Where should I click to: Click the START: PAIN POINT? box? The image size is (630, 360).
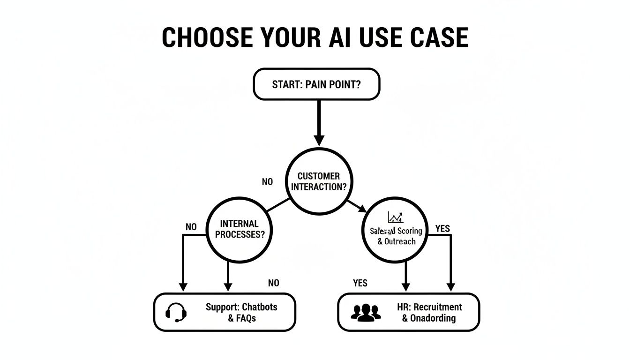click(316, 84)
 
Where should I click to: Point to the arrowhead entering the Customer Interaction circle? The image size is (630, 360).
click(319, 140)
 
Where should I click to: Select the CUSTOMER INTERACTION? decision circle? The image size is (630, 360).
click(319, 181)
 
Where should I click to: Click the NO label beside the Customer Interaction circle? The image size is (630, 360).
click(267, 181)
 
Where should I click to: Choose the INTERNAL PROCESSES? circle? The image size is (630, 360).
click(239, 229)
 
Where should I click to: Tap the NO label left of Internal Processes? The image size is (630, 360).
click(191, 227)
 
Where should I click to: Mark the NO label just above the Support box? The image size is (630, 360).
click(273, 283)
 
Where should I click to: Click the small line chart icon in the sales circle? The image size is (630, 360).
click(395, 217)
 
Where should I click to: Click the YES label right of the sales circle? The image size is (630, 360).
click(442, 229)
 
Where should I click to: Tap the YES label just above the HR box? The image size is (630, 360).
click(360, 283)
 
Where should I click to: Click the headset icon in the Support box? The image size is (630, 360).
click(176, 312)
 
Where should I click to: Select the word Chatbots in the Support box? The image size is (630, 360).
click(260, 307)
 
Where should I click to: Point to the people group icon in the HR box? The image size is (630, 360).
click(366, 313)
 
